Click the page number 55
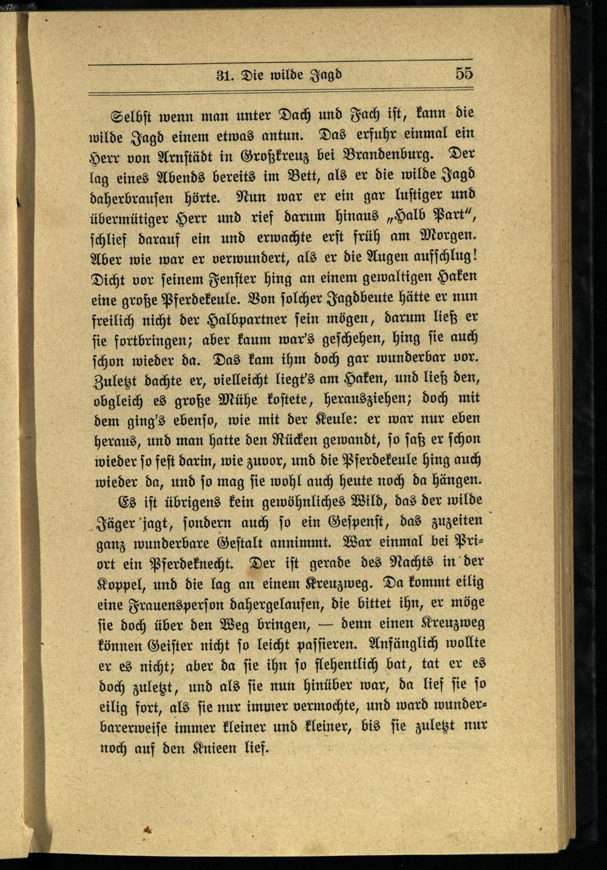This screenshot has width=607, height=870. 464,73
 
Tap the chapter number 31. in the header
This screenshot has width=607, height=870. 226,76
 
